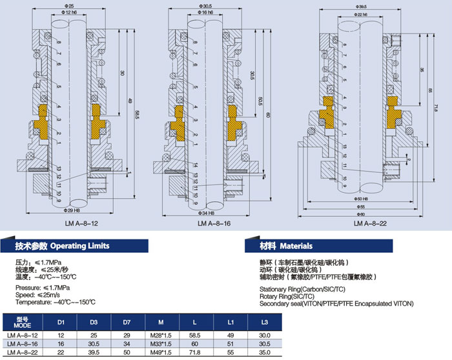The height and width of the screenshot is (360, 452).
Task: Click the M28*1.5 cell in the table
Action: (x=159, y=335)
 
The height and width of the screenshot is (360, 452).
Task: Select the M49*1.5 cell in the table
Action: (x=159, y=354)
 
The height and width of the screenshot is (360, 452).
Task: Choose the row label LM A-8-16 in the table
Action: (x=23, y=345)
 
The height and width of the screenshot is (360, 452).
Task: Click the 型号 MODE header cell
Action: (x=22, y=321)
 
